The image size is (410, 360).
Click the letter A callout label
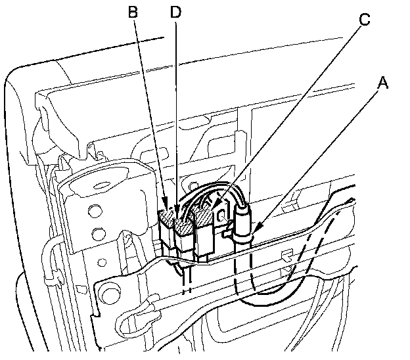click(x=383, y=83)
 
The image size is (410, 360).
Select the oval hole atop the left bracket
click(x=101, y=177)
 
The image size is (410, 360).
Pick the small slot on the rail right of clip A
click(x=286, y=253)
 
